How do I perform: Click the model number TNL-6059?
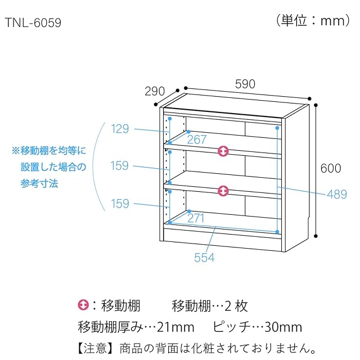point(33,24)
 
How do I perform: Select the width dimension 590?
point(245,84)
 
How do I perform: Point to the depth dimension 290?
point(154,91)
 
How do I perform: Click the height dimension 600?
point(331,168)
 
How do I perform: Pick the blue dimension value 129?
point(120,129)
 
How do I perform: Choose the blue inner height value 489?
point(337,195)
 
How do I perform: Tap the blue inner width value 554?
point(205,257)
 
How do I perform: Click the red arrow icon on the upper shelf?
point(224,151)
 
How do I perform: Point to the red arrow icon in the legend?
point(83,306)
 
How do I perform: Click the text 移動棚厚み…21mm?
point(136,327)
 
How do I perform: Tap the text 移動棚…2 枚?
point(209,307)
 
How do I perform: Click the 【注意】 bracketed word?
point(88,347)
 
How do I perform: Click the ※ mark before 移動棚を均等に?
point(16,151)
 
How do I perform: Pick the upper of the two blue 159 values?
point(120,166)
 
